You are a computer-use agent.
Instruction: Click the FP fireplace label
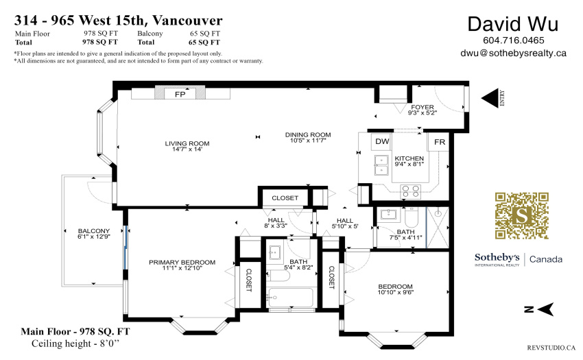[x=180, y=95]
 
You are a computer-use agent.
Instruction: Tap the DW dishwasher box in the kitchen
[x=382, y=142]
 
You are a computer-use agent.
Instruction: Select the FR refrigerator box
[x=439, y=142]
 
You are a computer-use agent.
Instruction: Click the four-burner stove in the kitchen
[x=411, y=191]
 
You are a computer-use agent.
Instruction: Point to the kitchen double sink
[x=381, y=165]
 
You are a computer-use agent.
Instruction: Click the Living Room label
[x=187, y=143]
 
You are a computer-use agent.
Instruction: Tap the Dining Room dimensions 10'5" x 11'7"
[x=308, y=141]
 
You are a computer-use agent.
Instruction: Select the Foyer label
[x=423, y=107]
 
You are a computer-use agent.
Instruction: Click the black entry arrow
[x=490, y=98]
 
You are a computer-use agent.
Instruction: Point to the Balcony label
[x=94, y=231]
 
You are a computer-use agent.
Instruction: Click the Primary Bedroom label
[x=182, y=262]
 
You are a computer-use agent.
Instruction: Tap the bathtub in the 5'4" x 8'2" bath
[x=291, y=298]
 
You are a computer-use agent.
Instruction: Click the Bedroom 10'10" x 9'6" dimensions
[x=395, y=292]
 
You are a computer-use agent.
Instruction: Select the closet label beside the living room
[x=285, y=198]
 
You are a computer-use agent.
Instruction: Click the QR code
[x=522, y=216]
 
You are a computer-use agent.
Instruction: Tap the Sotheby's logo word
[x=497, y=257]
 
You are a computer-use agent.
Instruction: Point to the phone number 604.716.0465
[x=514, y=40]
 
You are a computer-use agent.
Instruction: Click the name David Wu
[x=513, y=24]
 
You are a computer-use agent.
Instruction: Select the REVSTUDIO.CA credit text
[x=551, y=348]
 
